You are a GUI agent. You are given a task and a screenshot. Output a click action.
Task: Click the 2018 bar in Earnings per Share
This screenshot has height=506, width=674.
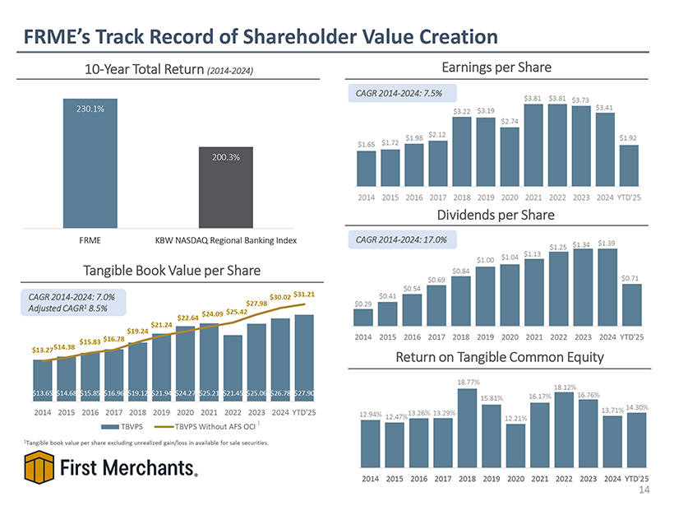point(461,152)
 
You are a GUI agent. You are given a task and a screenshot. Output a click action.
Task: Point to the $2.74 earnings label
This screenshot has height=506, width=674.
point(509,123)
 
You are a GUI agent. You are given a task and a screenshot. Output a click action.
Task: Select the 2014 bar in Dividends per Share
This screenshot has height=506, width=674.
point(362,318)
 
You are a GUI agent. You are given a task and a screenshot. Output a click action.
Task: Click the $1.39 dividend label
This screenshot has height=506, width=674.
point(607,243)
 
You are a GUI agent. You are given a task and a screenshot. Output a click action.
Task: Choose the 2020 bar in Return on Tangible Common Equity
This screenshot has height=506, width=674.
point(515,448)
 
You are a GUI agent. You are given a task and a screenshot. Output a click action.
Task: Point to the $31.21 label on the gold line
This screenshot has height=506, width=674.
point(304,294)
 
